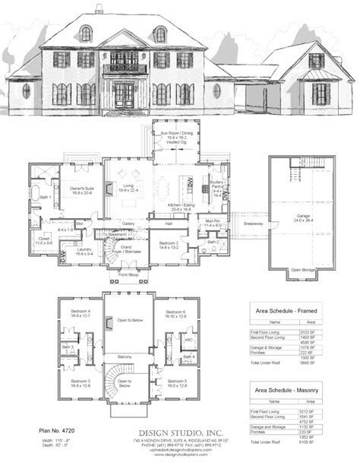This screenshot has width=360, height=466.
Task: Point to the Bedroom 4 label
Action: click(72, 315)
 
